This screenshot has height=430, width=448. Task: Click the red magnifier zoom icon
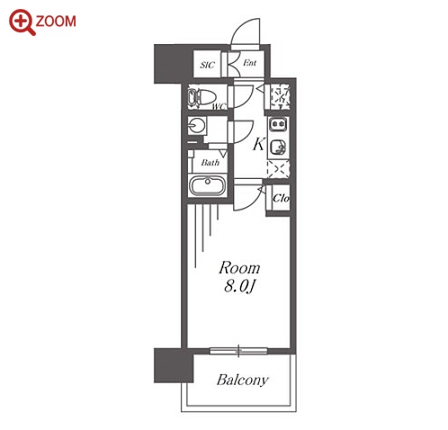[x=22, y=22]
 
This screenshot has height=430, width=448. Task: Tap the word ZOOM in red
[x=56, y=22]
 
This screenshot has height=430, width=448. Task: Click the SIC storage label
[x=208, y=65]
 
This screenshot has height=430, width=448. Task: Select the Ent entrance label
[x=249, y=63]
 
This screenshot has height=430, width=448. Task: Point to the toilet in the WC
[x=202, y=97]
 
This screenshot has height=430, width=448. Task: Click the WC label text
[x=220, y=106]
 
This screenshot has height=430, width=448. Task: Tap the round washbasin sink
[x=197, y=125]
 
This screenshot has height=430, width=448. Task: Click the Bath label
[x=211, y=163]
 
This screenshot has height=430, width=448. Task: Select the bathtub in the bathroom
[x=208, y=185]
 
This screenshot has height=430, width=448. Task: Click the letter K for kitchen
[x=258, y=144]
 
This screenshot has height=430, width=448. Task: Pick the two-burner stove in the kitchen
[x=278, y=124]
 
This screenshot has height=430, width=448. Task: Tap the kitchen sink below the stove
[x=279, y=148]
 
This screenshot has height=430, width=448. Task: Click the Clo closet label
[x=281, y=198]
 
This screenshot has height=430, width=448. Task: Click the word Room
[x=239, y=268]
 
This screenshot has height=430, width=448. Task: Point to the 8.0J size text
[x=239, y=286]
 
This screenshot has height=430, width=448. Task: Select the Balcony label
[x=242, y=380]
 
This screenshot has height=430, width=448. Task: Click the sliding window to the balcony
[x=238, y=351]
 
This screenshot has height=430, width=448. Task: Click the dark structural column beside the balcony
[x=174, y=365]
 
